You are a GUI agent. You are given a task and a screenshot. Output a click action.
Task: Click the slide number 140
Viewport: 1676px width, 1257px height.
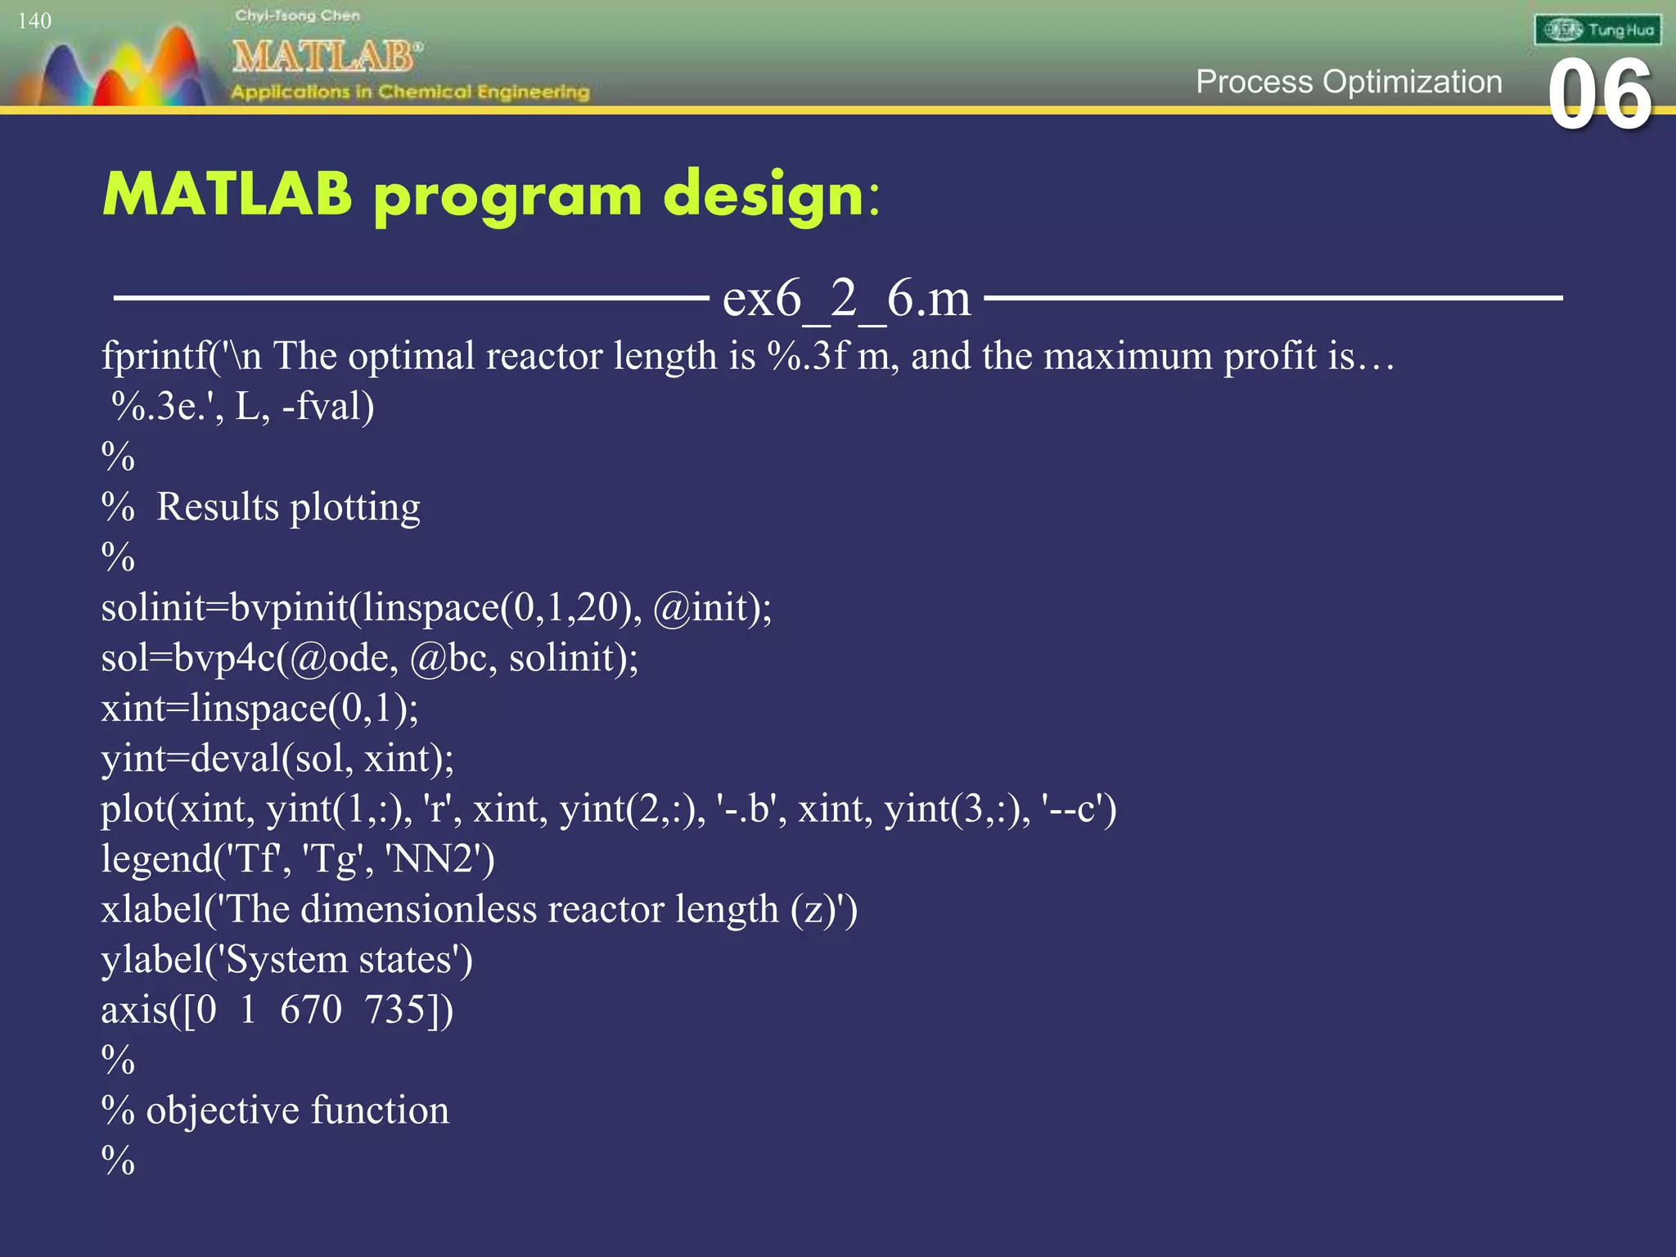click(34, 20)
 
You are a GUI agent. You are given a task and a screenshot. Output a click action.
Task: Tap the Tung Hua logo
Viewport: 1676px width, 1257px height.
click(1597, 30)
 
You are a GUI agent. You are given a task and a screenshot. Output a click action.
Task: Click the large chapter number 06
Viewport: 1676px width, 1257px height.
click(1599, 96)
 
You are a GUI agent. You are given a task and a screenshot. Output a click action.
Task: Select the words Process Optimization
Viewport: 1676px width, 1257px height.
click(1349, 82)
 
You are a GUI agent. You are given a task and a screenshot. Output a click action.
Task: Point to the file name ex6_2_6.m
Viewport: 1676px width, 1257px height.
click(846, 298)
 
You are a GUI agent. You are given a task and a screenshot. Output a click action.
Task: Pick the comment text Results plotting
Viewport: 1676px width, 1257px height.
click(288, 507)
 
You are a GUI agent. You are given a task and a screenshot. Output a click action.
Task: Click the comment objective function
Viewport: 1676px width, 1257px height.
click(297, 1111)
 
